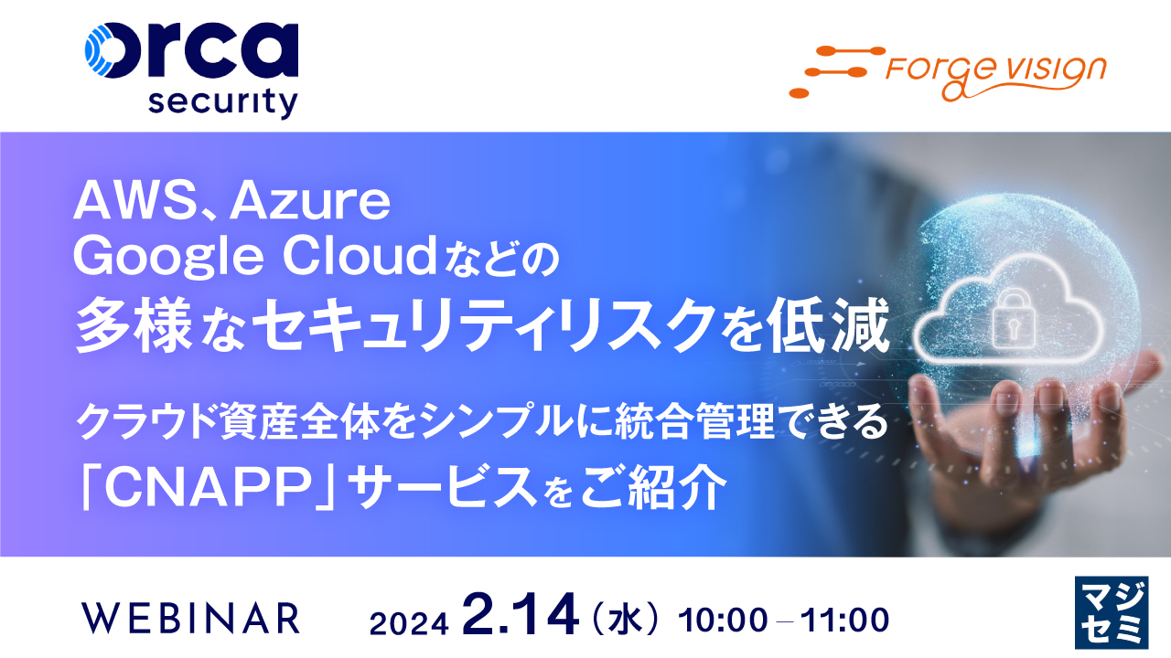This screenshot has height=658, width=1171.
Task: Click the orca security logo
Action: click(x=190, y=69)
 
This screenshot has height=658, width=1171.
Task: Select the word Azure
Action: click(x=311, y=203)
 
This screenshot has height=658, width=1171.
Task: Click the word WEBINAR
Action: click(x=190, y=619)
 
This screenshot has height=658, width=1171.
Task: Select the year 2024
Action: click(x=408, y=621)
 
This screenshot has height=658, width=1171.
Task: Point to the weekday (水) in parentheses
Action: click(x=627, y=620)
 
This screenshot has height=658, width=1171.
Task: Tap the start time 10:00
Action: click(x=723, y=620)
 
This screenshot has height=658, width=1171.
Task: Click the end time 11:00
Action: click(x=844, y=620)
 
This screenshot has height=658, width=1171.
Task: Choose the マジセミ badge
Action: click(x=1109, y=614)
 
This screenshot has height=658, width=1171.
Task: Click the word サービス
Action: click(x=457, y=491)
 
